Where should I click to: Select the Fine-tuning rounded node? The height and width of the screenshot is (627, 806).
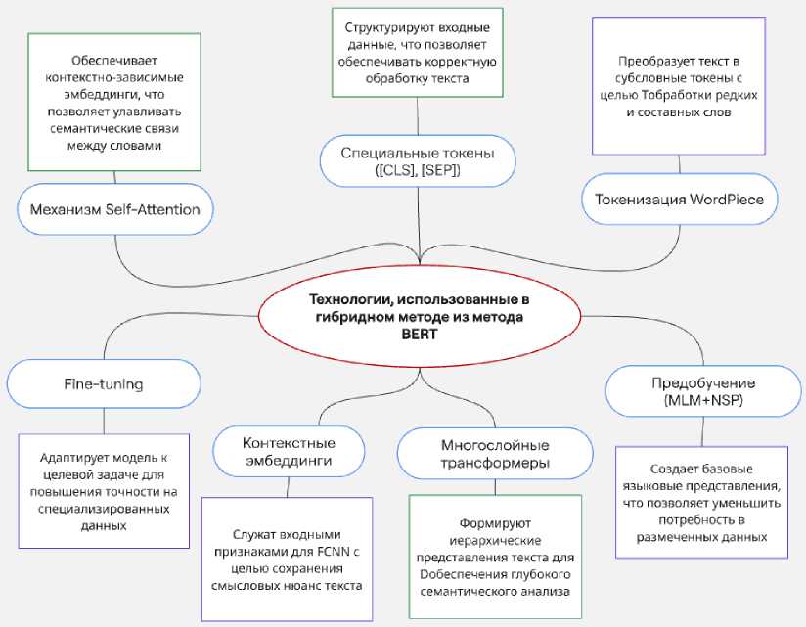click(x=104, y=384)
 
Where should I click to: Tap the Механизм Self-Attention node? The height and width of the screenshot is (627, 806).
click(x=114, y=208)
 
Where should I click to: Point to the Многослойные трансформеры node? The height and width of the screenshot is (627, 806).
click(x=495, y=452)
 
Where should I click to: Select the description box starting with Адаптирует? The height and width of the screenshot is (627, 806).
click(x=104, y=491)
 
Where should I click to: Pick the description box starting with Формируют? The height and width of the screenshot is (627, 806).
click(x=495, y=558)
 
